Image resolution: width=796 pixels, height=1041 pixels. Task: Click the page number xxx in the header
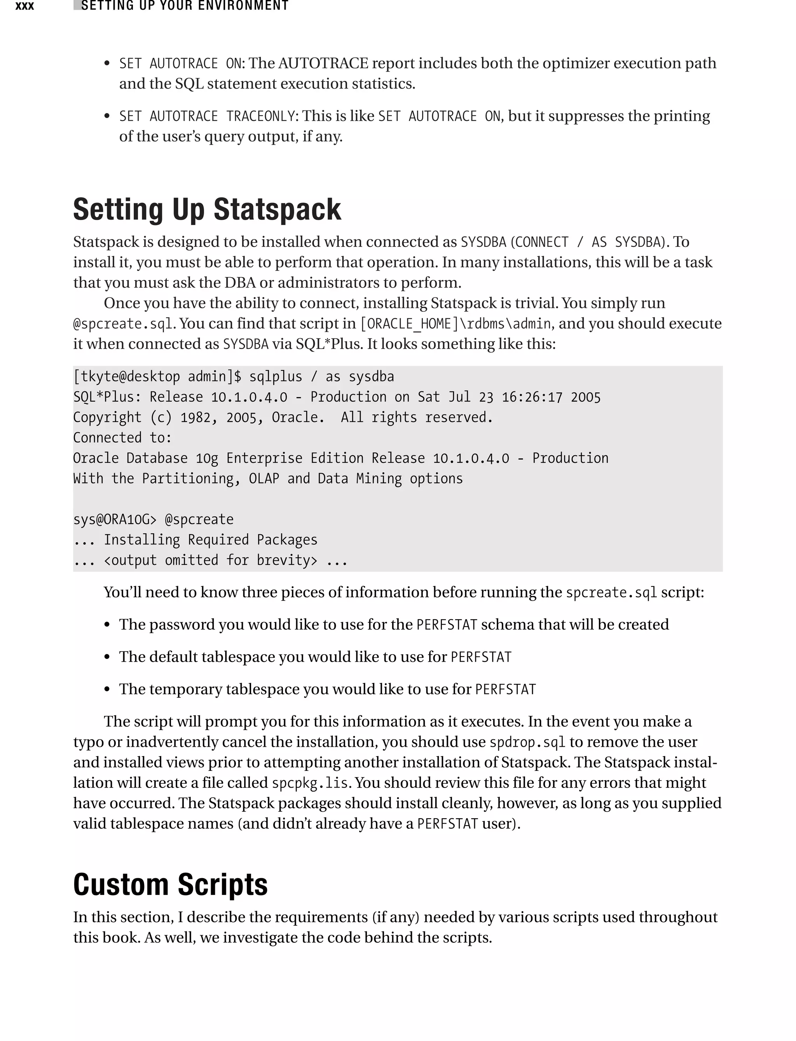[x=24, y=6]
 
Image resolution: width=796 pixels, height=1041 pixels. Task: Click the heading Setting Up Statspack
[x=207, y=209]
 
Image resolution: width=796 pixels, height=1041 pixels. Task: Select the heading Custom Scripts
[x=170, y=884]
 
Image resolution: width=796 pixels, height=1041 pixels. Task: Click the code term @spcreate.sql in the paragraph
[x=123, y=324]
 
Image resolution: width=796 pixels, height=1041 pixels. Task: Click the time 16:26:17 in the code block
[x=532, y=397]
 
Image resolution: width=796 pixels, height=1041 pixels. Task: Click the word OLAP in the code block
[x=264, y=479]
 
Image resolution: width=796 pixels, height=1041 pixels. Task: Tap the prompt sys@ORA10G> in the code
[x=114, y=519]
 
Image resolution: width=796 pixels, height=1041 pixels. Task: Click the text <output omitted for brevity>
[x=210, y=560]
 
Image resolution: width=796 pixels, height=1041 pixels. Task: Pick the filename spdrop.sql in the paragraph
[x=527, y=742]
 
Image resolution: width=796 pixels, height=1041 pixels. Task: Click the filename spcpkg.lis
[x=310, y=783]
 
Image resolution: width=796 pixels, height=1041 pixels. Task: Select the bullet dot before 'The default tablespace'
[x=107, y=657]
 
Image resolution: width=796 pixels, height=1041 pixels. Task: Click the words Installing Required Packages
[x=210, y=540]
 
